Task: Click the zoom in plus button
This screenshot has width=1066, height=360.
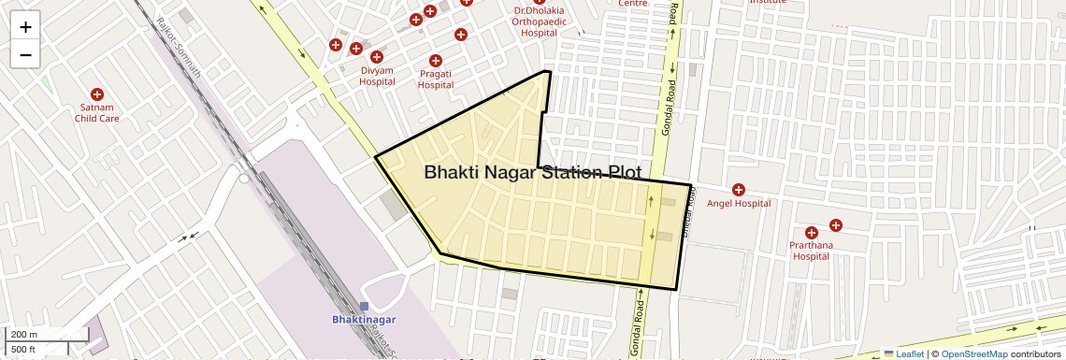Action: [x=25, y=26]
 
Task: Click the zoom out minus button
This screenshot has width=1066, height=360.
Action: [x=25, y=54]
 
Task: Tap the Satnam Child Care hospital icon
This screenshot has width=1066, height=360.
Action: [x=96, y=94]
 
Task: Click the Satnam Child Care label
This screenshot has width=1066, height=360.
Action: [x=97, y=113]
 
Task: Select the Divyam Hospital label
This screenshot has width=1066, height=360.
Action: [x=377, y=76]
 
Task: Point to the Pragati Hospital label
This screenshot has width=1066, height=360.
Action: [x=435, y=79]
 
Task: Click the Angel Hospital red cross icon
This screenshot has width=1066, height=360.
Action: [x=739, y=190]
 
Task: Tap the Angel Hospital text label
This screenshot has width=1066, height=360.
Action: [x=739, y=203]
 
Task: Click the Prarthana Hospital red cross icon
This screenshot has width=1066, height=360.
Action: [x=810, y=232]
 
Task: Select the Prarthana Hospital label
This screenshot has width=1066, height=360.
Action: [x=810, y=251]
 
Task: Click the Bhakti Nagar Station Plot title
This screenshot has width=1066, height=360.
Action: [x=533, y=173]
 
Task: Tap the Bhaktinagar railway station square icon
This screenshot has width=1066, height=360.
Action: [x=364, y=307]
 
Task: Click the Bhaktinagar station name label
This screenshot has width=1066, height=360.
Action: [x=365, y=320]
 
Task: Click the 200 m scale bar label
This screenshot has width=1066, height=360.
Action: [x=24, y=335]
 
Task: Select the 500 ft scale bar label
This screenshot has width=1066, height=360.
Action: [x=24, y=350]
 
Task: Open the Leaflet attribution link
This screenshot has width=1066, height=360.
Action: [x=910, y=353]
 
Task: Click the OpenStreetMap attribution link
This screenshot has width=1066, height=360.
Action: [x=974, y=353]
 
